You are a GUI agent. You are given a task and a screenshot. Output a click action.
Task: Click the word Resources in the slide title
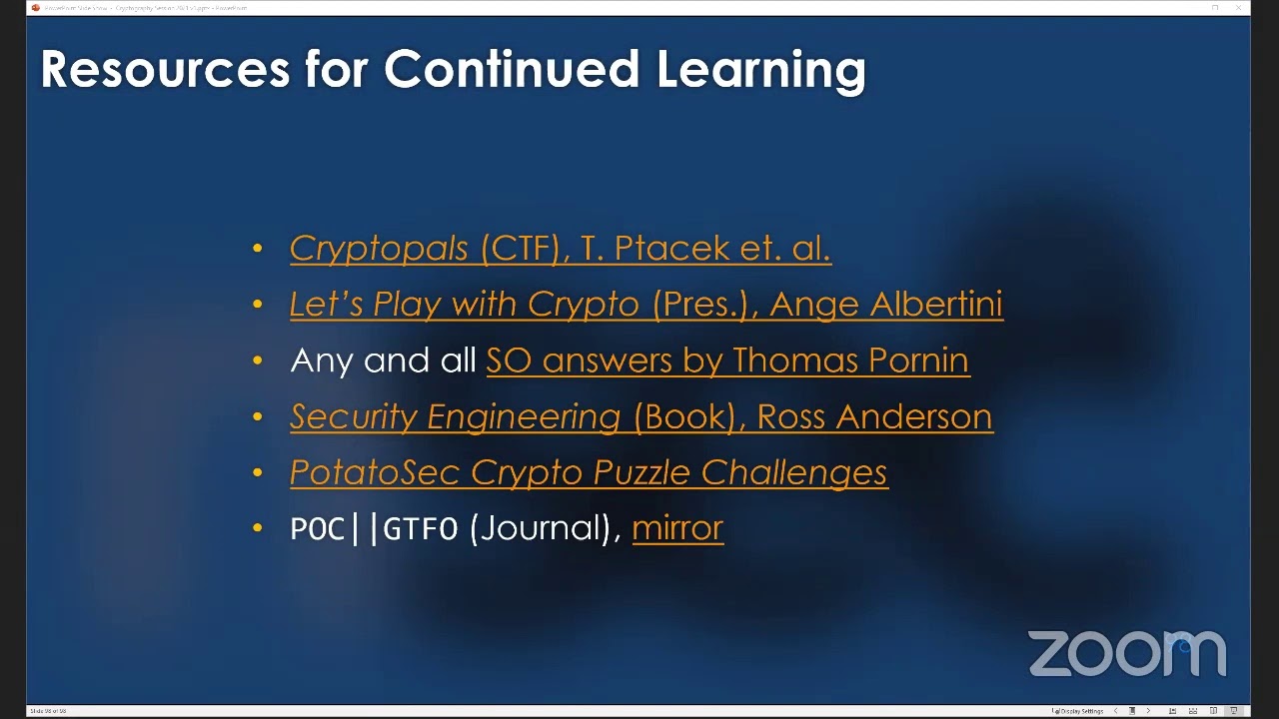click(x=165, y=69)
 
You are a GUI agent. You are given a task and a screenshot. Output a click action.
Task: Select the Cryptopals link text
click(x=379, y=249)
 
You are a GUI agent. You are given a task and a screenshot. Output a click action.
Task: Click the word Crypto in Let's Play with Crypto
click(x=583, y=305)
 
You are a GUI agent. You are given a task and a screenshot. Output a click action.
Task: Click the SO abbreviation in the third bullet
click(x=509, y=360)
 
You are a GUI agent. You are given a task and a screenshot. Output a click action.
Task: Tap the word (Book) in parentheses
click(x=688, y=417)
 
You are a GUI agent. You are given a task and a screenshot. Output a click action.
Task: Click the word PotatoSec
click(x=376, y=472)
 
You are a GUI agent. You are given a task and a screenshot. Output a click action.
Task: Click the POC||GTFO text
click(x=374, y=528)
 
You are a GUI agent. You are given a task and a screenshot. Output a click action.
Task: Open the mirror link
click(x=676, y=528)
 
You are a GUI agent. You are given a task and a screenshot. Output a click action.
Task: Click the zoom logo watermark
click(x=1126, y=653)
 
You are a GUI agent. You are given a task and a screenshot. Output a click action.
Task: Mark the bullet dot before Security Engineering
click(x=259, y=417)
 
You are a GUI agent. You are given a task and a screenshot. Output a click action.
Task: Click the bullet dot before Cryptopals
click(x=259, y=249)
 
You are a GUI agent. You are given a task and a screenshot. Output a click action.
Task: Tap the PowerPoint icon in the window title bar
click(x=36, y=8)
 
